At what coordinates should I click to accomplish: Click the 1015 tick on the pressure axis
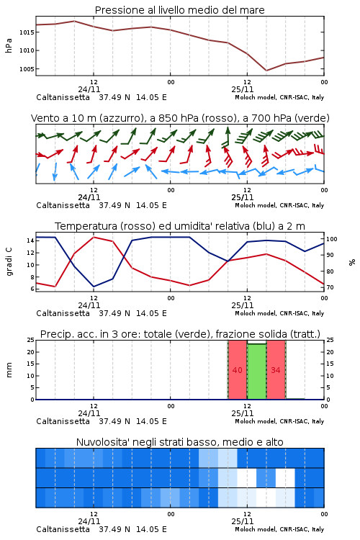tap(27, 32)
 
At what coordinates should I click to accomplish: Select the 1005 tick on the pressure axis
tap(27, 69)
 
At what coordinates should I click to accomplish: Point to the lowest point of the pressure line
tap(266, 71)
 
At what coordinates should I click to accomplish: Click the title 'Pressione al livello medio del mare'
tap(180, 10)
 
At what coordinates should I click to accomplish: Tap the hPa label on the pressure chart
tap(9, 45)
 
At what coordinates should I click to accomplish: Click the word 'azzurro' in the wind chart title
tap(121, 118)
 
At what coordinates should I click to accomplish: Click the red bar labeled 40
tap(238, 370)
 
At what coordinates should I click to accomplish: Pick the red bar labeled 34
tap(276, 370)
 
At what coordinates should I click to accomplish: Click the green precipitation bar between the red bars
tap(256, 372)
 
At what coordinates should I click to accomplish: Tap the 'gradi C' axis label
tap(9, 262)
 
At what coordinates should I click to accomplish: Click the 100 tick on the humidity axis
tap(332, 239)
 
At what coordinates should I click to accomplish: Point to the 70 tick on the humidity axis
tap(330, 287)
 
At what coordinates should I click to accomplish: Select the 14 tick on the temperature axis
tap(30, 240)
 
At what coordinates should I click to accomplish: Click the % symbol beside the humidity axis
tap(352, 262)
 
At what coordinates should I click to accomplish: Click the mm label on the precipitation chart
tap(9, 370)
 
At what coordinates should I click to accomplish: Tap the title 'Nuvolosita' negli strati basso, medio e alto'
tap(180, 442)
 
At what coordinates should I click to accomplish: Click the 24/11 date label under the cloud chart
tap(89, 521)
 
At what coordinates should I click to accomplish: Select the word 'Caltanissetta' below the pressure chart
tap(63, 97)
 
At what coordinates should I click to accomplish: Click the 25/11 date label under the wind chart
tap(243, 198)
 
